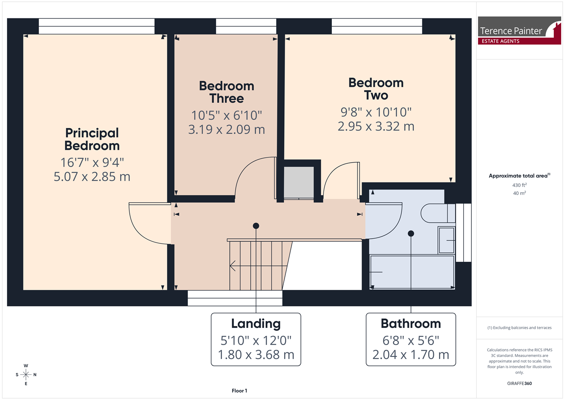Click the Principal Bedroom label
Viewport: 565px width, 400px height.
tap(92, 139)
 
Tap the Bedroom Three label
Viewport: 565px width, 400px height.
tap(226, 92)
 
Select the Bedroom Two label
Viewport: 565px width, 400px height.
tap(376, 89)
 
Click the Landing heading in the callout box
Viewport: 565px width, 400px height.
tap(256, 324)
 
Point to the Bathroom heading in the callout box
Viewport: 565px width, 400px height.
tap(411, 323)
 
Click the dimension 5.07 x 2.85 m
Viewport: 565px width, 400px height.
tap(92, 177)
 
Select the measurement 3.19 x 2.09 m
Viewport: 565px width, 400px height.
tap(226, 129)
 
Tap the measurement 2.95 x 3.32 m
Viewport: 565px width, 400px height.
tap(376, 126)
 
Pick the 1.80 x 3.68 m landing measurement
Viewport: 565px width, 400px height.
tap(256, 355)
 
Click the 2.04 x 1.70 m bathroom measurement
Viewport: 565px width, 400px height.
tap(411, 355)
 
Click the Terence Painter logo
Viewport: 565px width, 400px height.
tap(519, 31)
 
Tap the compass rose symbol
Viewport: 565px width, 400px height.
tap(26, 375)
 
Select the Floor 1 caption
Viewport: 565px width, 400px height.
tap(239, 391)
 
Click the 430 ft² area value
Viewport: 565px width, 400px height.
tap(519, 185)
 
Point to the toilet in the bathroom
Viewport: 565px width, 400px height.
tap(438, 213)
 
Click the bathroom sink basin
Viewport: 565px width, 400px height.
tap(447, 240)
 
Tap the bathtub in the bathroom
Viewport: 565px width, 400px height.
tap(412, 272)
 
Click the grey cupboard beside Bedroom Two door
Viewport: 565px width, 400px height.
tap(299, 182)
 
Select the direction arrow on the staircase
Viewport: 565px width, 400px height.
tap(258, 266)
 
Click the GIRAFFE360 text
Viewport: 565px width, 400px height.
tap(519, 383)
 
